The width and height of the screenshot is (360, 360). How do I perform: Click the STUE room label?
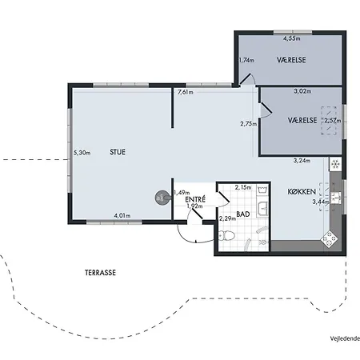click(118, 152)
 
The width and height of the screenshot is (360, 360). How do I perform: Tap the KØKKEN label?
click(302, 191)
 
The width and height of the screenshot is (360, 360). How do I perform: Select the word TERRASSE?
click(100, 273)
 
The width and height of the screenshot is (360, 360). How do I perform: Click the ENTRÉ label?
click(195, 199)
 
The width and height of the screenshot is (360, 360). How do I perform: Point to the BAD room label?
click(243, 214)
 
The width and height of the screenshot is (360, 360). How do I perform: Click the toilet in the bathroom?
click(226, 235)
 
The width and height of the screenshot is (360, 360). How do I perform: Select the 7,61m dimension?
click(186, 92)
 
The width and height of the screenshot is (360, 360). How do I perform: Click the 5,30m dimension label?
click(82, 153)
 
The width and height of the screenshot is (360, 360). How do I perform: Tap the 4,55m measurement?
click(292, 38)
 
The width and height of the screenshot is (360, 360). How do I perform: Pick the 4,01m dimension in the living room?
click(122, 215)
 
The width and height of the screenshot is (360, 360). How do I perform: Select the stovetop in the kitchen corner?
click(330, 238)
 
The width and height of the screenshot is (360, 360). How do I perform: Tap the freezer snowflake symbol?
click(335, 164)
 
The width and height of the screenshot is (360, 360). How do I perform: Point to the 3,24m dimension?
click(302, 161)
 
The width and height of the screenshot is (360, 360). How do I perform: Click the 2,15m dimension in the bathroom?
click(243, 187)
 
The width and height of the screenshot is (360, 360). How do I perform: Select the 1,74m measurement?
click(246, 60)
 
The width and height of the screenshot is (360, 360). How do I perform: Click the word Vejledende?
click(345, 338)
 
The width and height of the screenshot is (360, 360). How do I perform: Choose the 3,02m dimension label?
click(302, 91)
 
